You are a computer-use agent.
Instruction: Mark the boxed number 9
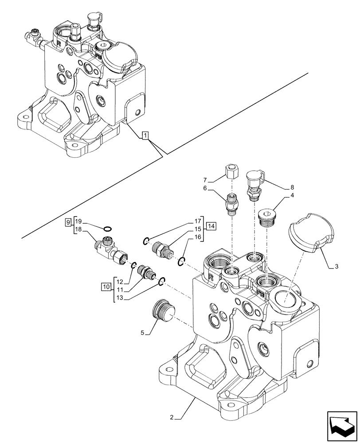[x=68, y=221]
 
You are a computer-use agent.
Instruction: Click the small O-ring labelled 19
[x=107, y=228]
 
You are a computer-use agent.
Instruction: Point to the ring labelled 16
[x=181, y=262]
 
